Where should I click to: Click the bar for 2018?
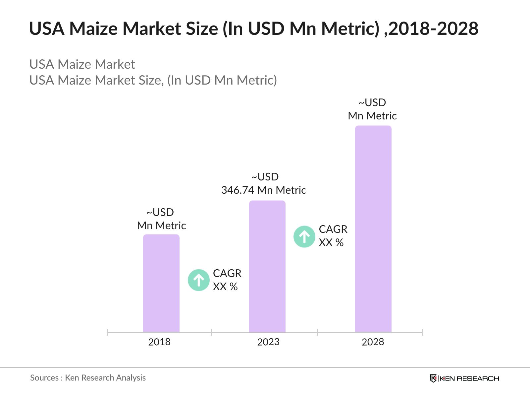(x=161, y=283)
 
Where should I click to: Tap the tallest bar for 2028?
(x=373, y=229)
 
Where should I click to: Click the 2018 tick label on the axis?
(x=159, y=342)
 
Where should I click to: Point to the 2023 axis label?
(x=268, y=342)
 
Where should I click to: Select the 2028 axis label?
(x=373, y=342)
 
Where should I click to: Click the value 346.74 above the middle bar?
(x=238, y=190)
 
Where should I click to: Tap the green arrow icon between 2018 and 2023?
(x=199, y=280)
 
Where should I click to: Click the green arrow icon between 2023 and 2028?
(x=304, y=236)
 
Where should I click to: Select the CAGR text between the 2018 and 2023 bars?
(x=227, y=273)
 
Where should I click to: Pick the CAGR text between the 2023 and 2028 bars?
(x=333, y=229)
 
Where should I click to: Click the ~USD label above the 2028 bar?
(x=372, y=102)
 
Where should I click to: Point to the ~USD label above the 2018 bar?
(x=160, y=212)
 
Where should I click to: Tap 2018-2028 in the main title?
(x=433, y=29)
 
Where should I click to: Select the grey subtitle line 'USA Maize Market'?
(x=82, y=64)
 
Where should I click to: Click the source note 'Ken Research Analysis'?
(x=105, y=378)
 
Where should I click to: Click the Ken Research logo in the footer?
(x=464, y=378)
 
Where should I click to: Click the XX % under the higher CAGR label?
(x=331, y=243)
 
